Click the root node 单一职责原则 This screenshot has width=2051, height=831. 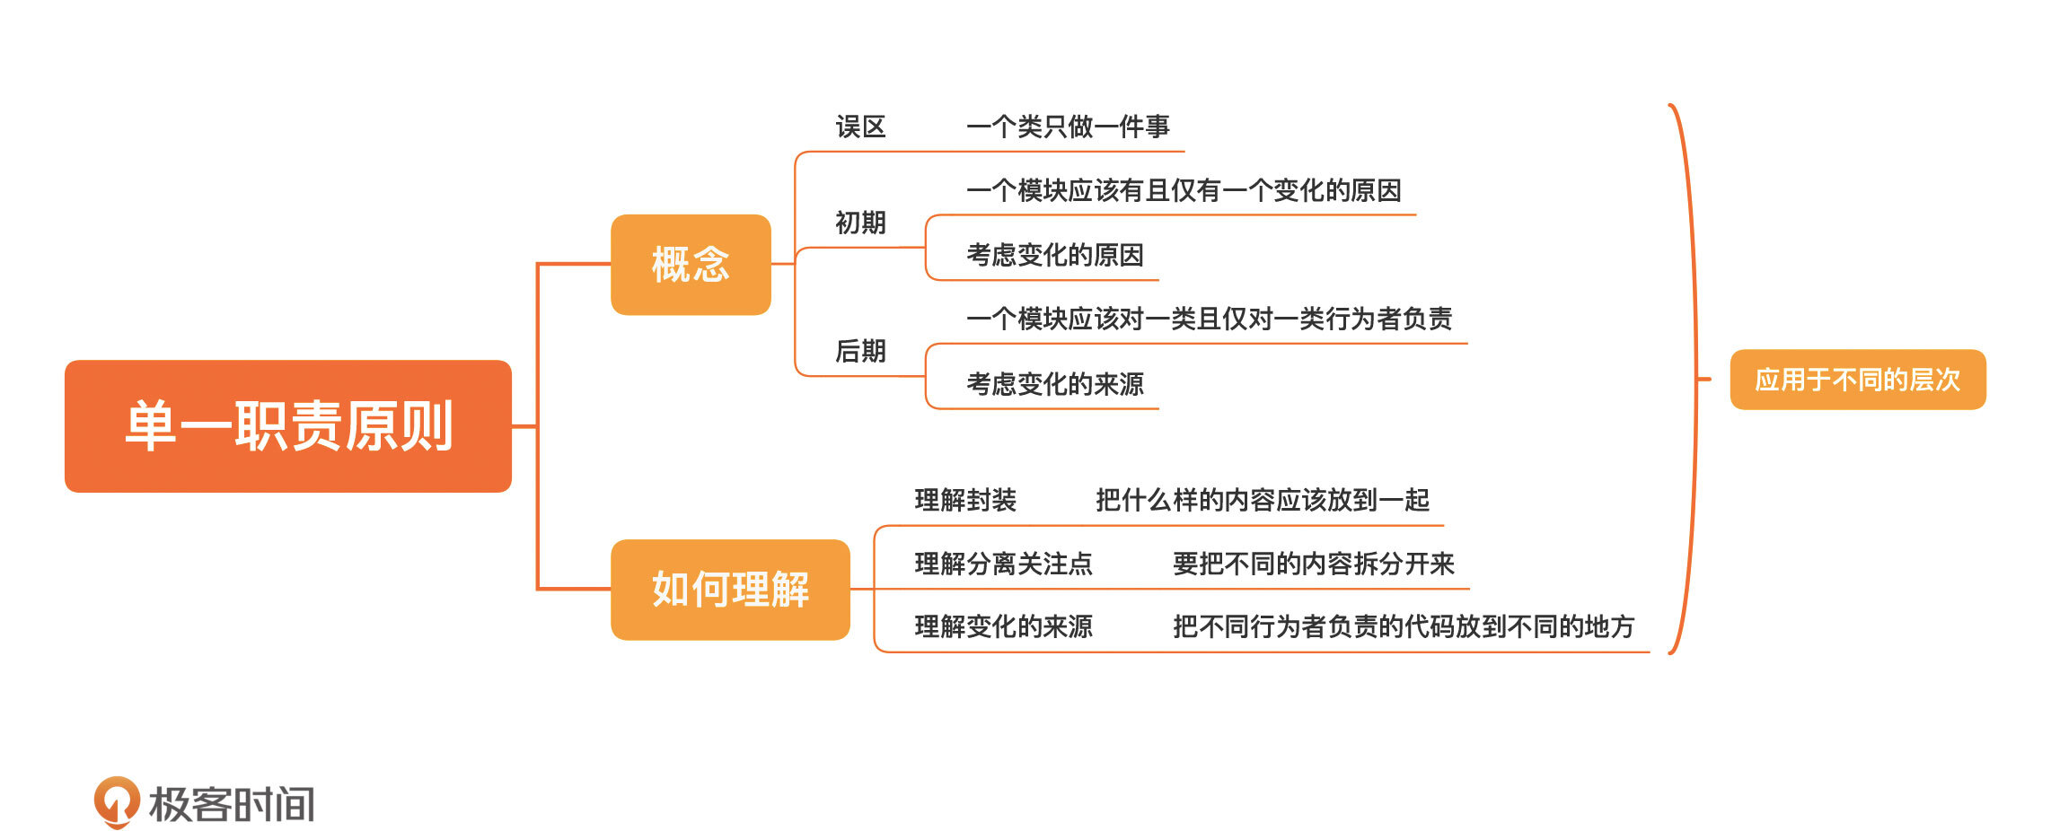pos(288,426)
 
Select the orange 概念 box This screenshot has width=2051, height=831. pos(691,265)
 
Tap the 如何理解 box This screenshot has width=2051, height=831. pos(730,590)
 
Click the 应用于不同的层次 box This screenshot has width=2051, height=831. pos(1857,380)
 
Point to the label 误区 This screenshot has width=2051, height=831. pos(860,127)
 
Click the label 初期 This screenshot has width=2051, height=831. pos(860,223)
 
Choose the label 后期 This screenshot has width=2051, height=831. pos(860,351)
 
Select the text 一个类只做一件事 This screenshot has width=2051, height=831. pos(1068,127)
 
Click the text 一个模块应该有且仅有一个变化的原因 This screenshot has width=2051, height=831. pos(1184,191)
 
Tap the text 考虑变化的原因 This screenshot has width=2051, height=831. pos(1054,256)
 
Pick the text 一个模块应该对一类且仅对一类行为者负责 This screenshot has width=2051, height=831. pos(1209,319)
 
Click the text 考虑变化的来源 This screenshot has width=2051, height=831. pos(1054,384)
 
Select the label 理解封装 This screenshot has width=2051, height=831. pos(965,500)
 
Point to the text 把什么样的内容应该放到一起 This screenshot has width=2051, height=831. pos(1262,500)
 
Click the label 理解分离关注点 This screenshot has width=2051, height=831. pos(1003,564)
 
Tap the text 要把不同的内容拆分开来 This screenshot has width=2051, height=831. pos(1313,564)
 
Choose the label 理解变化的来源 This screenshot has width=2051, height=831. pos(1003,626)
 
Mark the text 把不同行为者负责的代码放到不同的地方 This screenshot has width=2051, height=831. pos(1403,626)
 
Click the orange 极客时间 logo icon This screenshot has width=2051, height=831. pos(117,801)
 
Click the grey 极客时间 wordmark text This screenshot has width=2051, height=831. pos(232,804)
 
